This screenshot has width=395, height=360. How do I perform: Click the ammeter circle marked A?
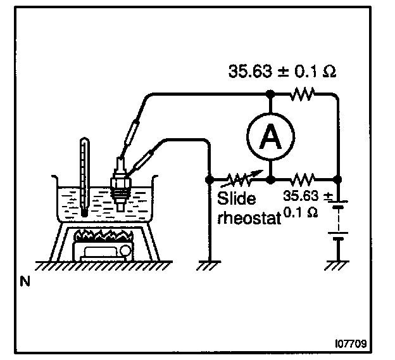coord(270,135)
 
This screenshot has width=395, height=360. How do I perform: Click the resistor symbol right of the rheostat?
coord(304,179)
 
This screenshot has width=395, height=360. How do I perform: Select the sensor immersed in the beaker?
coord(118,184)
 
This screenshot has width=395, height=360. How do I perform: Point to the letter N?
coord(27,281)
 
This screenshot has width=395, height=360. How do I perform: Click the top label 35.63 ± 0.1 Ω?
coord(282,71)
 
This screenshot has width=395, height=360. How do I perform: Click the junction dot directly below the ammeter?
coord(270,179)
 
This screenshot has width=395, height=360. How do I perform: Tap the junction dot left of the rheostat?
coord(210,179)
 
